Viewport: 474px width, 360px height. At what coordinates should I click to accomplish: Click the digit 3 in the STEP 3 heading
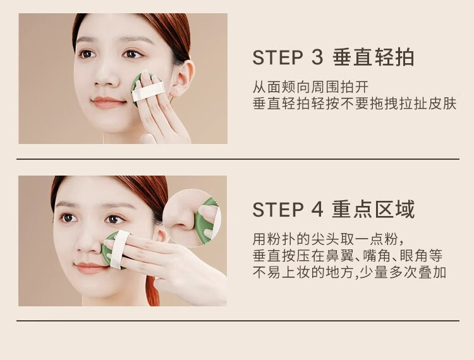[317, 57]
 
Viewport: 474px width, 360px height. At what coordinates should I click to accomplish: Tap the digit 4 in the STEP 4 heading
[317, 209]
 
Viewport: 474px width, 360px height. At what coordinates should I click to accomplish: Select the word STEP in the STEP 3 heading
[277, 57]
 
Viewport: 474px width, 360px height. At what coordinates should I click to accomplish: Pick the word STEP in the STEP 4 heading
[277, 209]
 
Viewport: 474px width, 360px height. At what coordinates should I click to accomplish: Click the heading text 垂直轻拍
[374, 57]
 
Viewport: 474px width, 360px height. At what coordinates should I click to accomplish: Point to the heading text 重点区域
[374, 209]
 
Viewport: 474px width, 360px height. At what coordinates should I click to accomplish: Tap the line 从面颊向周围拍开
[311, 87]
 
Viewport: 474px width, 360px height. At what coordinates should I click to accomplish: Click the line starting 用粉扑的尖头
[328, 239]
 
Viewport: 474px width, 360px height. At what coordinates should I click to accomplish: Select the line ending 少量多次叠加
[349, 272]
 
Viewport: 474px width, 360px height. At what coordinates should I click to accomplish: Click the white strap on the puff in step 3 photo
[149, 92]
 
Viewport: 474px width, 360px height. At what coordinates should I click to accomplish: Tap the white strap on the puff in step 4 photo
[119, 249]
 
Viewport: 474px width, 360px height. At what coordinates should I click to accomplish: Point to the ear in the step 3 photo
[183, 79]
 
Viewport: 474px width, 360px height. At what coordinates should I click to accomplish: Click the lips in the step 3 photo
[108, 102]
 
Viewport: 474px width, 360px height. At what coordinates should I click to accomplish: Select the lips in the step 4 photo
[90, 268]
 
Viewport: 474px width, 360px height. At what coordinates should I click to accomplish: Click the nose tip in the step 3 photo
[105, 81]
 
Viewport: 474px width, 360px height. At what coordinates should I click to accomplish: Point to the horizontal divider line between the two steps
[238, 159]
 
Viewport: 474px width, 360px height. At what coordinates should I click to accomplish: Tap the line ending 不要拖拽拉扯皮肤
[355, 104]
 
